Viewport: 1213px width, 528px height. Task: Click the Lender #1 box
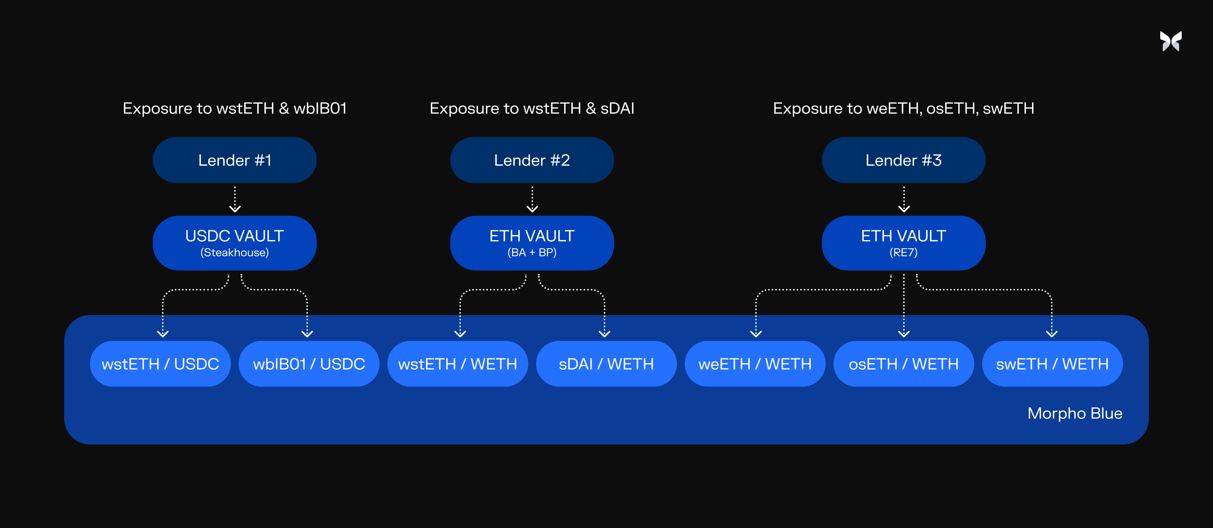point(234,160)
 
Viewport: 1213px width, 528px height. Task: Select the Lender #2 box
point(532,160)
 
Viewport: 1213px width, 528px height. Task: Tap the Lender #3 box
point(903,160)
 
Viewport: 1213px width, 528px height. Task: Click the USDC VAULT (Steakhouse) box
point(234,243)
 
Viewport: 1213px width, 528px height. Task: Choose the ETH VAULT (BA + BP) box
point(532,243)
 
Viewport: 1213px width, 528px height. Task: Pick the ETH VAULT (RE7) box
point(903,243)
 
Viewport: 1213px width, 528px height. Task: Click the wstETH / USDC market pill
point(160,364)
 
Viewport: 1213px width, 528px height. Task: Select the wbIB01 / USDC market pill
point(309,364)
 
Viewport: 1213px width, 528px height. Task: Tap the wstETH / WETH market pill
point(458,364)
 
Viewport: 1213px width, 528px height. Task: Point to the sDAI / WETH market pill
point(606,364)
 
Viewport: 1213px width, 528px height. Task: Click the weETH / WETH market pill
point(755,364)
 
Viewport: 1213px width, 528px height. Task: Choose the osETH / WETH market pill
point(903,364)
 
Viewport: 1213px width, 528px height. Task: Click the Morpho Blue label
point(1074,413)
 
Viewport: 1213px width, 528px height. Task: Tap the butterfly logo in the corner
point(1171,41)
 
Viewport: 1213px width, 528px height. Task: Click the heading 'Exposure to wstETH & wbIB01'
point(234,108)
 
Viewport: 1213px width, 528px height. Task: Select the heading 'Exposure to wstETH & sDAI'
point(532,108)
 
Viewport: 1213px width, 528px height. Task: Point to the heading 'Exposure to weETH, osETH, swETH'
point(903,109)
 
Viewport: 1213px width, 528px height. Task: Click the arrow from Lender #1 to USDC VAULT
point(234,199)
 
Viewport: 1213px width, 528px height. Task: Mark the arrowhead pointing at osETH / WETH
point(903,334)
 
